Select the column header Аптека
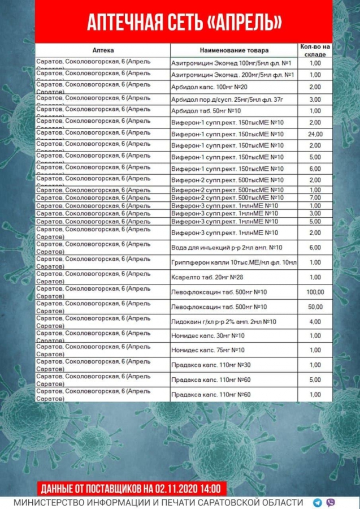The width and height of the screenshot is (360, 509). [103, 50]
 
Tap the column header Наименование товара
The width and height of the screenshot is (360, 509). [234, 50]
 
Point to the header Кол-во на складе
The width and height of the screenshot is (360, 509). [315, 50]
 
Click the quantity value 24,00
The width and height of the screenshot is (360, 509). [315, 134]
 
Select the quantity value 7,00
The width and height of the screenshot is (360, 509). [315, 197]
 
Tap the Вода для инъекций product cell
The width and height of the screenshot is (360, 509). [226, 248]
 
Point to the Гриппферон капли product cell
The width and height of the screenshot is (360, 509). [233, 262]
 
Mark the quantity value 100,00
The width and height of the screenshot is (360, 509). [315, 292]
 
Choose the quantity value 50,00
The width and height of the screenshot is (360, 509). [315, 307]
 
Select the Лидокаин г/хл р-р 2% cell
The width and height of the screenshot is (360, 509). [223, 321]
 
